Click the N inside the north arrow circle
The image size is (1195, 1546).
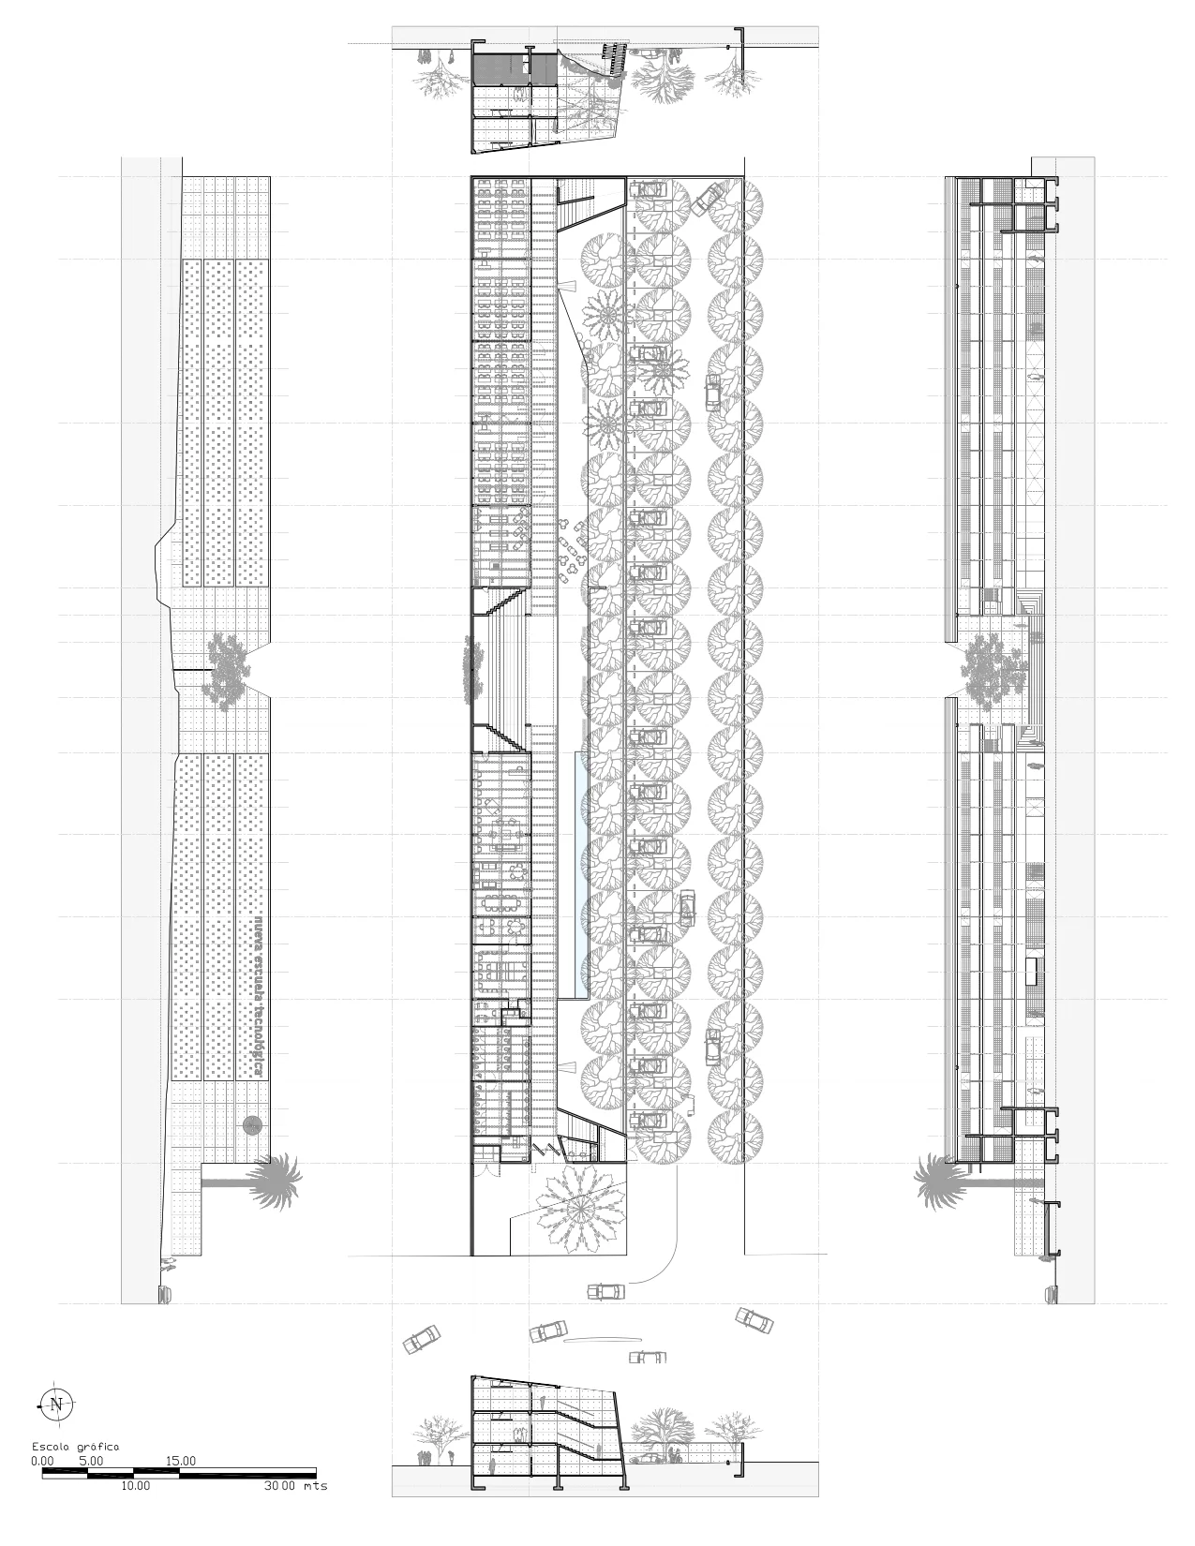point(57,1404)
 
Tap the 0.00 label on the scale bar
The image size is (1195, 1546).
point(42,1461)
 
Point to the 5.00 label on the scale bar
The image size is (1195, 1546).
point(91,1461)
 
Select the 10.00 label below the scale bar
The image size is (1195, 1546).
point(134,1486)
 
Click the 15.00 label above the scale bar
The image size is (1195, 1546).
point(181,1461)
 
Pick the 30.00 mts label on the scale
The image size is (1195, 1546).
point(295,1486)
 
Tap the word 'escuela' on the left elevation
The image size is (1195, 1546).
point(254,957)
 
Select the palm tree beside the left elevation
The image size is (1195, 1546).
point(276,1180)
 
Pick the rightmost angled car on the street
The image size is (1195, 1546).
point(754,1320)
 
